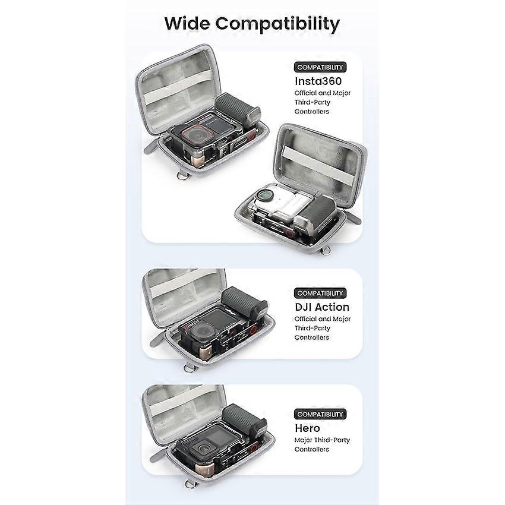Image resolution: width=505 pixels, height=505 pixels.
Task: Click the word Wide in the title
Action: [x=187, y=24]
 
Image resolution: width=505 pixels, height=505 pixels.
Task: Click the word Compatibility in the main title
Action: [x=277, y=24]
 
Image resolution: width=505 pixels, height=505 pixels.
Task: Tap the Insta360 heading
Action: [x=318, y=81]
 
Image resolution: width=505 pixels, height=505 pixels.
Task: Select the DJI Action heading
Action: [x=322, y=307]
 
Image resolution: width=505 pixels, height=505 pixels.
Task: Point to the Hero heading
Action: [x=307, y=428]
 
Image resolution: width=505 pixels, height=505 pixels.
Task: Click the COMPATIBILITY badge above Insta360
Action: [x=320, y=67]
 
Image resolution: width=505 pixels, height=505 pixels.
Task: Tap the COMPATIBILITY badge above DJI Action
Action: [x=320, y=293]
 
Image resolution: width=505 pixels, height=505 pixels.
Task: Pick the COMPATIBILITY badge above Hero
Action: [x=320, y=414]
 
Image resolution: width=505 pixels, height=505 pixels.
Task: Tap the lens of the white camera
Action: [x=266, y=195]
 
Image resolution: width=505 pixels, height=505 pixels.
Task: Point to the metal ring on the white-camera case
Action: [x=327, y=250]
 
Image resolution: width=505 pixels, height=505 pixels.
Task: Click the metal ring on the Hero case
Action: [x=190, y=484]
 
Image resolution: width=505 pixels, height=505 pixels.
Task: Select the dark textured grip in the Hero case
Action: [x=244, y=419]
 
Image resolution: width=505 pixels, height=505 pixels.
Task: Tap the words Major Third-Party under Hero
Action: [x=322, y=440]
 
